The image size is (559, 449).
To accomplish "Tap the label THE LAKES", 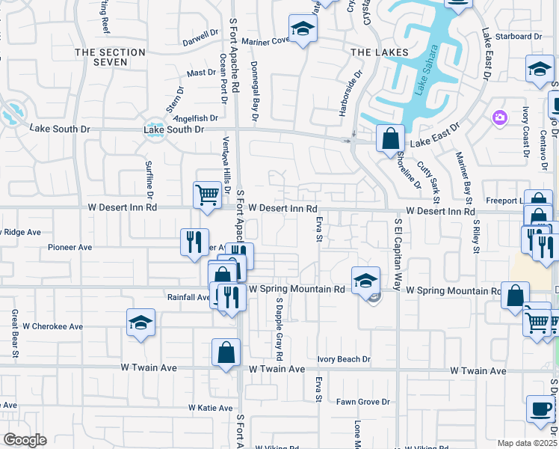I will point(380,52).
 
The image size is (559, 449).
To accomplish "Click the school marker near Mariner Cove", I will point(303,29).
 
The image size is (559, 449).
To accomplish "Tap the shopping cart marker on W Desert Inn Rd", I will point(207,195).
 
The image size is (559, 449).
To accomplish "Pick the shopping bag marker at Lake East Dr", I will point(390,138).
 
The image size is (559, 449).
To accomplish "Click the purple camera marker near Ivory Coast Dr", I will point(499,117).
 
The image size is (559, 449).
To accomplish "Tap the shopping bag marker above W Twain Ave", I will point(226,352).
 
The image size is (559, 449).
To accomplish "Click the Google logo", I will point(25,440).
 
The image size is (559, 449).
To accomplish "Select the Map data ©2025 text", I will point(527,443).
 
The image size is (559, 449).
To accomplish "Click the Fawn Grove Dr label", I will point(363,402).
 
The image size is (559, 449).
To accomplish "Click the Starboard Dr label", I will point(523,36).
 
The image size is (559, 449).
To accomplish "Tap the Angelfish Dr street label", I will point(195,118).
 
